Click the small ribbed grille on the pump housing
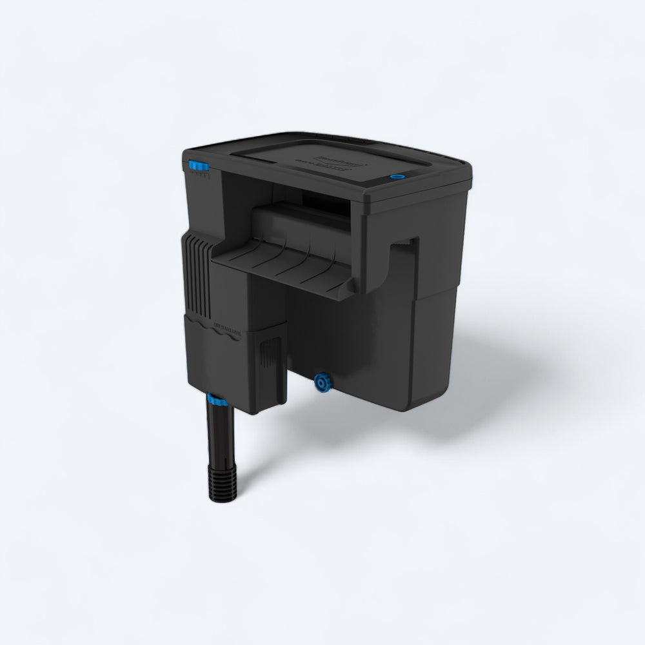click(x=266, y=351)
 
